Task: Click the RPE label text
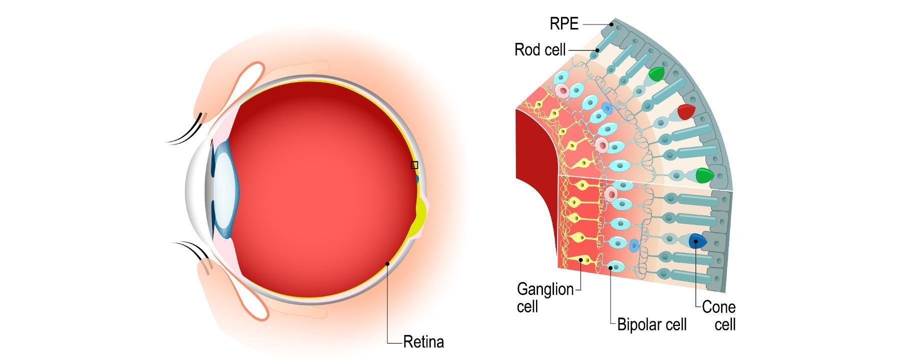pyautogui.click(x=564, y=23)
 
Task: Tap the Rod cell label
pyautogui.click(x=540, y=50)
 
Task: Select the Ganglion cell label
pyautogui.click(x=545, y=297)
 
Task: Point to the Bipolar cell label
pyautogui.click(x=651, y=324)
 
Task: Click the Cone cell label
pyautogui.click(x=719, y=315)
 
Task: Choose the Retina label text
pyautogui.click(x=423, y=342)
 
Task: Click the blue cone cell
pyautogui.click(x=696, y=241)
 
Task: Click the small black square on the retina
pyautogui.click(x=414, y=165)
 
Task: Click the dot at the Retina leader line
pyautogui.click(x=387, y=263)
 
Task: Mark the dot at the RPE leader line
pyautogui.click(x=611, y=24)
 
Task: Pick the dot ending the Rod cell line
pyautogui.click(x=597, y=50)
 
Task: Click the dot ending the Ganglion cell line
pyautogui.click(x=580, y=260)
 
